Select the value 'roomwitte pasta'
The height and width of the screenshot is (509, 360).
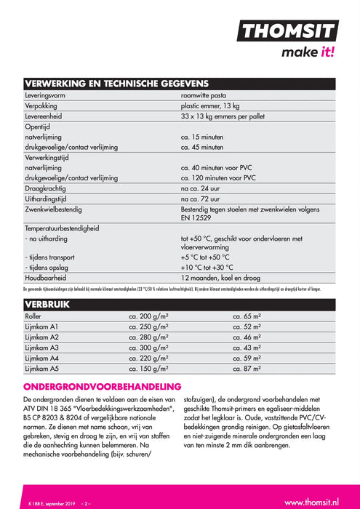click(x=205, y=95)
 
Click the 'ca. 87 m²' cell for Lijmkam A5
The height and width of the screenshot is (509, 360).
click(x=247, y=369)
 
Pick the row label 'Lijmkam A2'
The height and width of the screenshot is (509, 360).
click(x=43, y=338)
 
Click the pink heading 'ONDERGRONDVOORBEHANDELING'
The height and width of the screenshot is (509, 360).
click(x=102, y=386)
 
